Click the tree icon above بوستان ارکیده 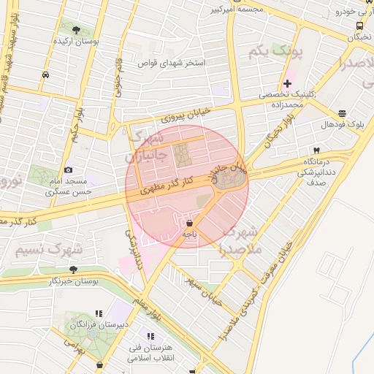(75, 31)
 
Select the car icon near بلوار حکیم (46, 75)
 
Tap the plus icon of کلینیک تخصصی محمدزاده (287, 83)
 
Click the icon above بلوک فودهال (342, 113)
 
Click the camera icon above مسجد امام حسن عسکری (68, 169)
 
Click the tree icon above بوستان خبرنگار (72, 269)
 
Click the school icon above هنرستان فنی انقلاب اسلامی (150, 336)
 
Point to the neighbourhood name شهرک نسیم (48, 250)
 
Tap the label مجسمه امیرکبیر (234, 9)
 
